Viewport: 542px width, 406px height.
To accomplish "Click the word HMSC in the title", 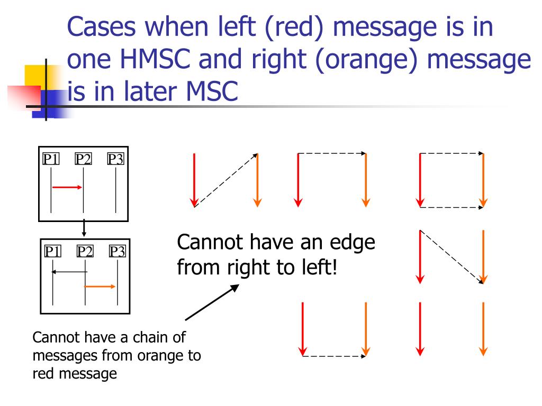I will click(154, 61).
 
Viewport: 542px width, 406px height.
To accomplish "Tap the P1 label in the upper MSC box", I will click(51, 159).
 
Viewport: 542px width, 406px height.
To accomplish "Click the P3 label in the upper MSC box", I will click(115, 159).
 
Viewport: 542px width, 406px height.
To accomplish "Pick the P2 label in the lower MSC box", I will click(85, 251).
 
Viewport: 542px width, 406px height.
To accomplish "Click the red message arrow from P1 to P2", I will click(67, 187).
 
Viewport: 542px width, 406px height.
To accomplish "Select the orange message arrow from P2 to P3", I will click(101, 287).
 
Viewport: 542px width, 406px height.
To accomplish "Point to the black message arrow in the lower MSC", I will click(69, 272).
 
